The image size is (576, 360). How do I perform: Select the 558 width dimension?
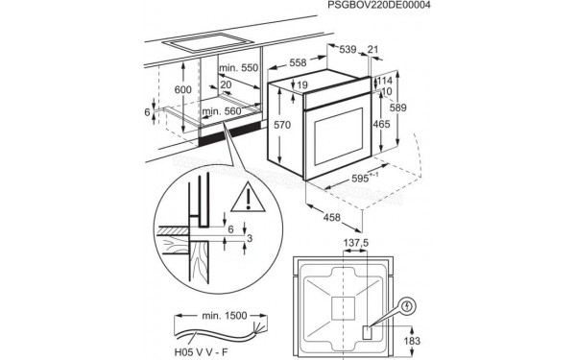coord(299,62)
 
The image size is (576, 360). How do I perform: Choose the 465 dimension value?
coord(381,124)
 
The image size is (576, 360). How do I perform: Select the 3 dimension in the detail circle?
coord(250,237)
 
